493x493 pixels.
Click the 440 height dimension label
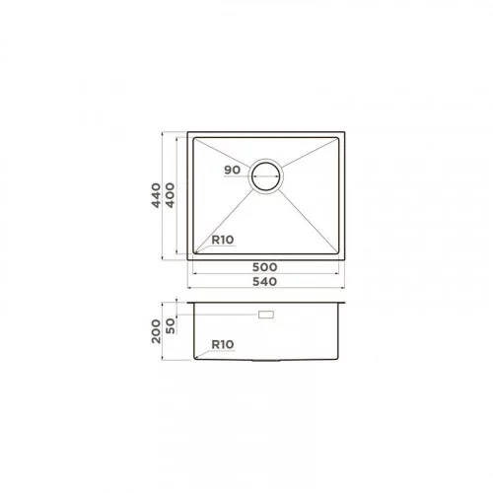coord(156,195)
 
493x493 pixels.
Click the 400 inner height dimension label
coord(170,195)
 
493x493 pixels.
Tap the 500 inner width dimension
coord(265,267)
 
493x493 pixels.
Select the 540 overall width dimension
coord(265,282)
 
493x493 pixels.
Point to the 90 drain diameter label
coord(232,171)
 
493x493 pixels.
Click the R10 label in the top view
coord(223,240)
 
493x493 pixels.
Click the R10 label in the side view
coord(223,345)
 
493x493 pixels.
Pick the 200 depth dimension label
coord(156,331)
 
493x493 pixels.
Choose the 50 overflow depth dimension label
coord(171,326)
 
